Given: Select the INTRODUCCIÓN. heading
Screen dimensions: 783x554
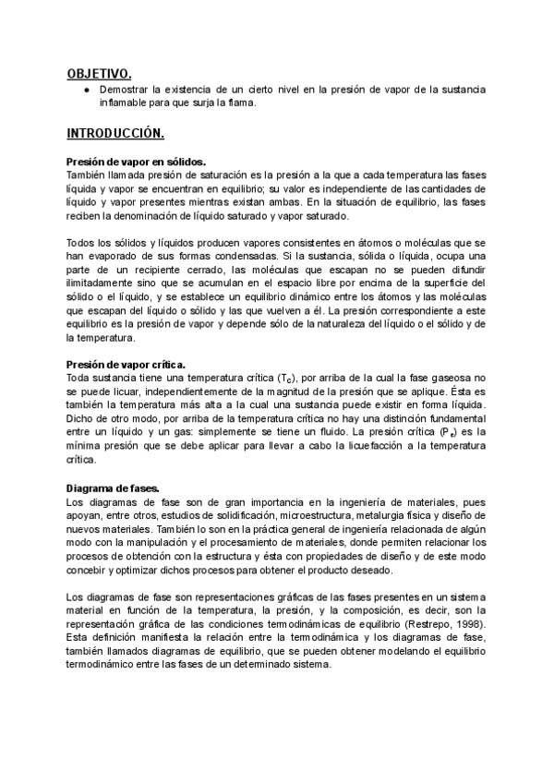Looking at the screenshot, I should point(115,134).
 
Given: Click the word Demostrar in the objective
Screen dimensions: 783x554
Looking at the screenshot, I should point(126,89).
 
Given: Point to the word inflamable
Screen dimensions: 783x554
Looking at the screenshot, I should point(123,102).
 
